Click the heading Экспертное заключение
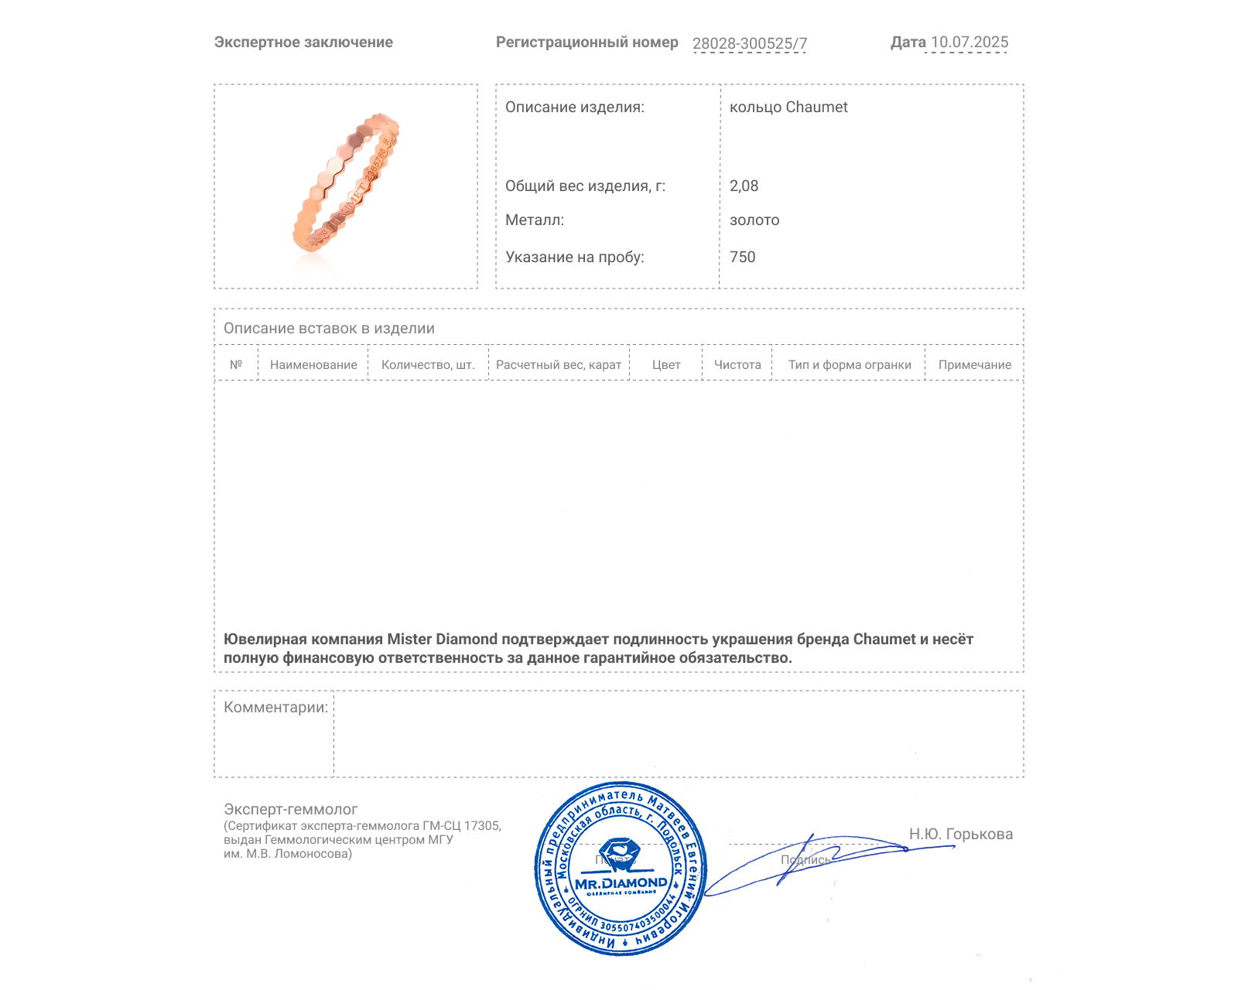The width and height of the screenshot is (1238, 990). pyautogui.click(x=303, y=43)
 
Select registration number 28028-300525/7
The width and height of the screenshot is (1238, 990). pyautogui.click(x=749, y=44)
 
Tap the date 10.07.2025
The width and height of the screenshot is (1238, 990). pyautogui.click(x=969, y=43)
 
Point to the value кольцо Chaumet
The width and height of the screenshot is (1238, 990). pyautogui.click(x=788, y=108)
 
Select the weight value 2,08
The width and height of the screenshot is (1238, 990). pyautogui.click(x=744, y=186)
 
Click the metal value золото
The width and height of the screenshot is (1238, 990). pyautogui.click(x=754, y=220)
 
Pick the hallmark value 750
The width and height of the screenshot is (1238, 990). pyautogui.click(x=742, y=258)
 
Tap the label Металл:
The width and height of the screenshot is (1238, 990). pyautogui.click(x=535, y=220)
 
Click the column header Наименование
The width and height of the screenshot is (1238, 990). pyautogui.click(x=313, y=365)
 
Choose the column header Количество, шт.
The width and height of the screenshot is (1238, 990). pyautogui.click(x=428, y=365)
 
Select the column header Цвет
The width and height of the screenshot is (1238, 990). pyautogui.click(x=666, y=365)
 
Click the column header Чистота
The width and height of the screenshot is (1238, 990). pyautogui.click(x=737, y=365)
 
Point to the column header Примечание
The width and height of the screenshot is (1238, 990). pyautogui.click(x=974, y=365)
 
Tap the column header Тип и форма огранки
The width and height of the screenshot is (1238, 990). pyautogui.click(x=850, y=365)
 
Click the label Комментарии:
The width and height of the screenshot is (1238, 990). pyautogui.click(x=275, y=708)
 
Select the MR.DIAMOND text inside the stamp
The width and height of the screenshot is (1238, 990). pyautogui.click(x=621, y=883)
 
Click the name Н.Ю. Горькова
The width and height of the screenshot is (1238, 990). pyautogui.click(x=960, y=835)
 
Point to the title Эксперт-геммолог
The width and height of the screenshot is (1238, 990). pyautogui.click(x=290, y=810)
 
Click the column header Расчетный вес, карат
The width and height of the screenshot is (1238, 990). pyautogui.click(x=559, y=365)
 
